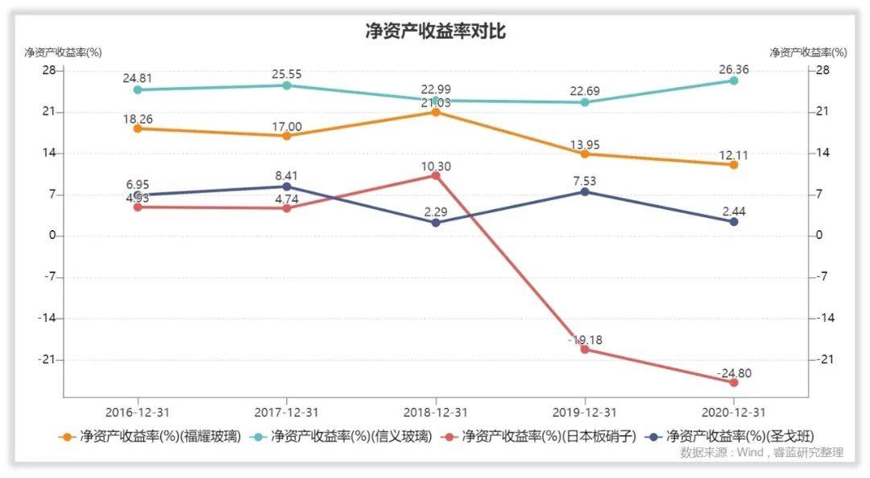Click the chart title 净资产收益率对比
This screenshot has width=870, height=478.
tap(435, 32)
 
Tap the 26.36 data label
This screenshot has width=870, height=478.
tap(733, 70)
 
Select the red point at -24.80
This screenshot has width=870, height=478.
tap(733, 382)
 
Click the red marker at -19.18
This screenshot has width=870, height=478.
tap(585, 349)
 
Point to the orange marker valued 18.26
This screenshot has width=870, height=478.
tap(138, 128)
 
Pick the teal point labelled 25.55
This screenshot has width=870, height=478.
tap(287, 85)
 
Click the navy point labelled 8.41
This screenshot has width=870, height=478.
tap(287, 187)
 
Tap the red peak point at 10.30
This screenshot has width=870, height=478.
tap(436, 175)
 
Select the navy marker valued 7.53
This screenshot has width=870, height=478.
tap(585, 192)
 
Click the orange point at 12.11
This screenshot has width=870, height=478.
tap(733, 165)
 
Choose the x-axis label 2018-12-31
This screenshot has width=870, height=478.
tap(436, 412)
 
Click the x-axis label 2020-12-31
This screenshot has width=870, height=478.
tap(733, 412)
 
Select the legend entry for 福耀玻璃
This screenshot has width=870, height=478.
tap(151, 437)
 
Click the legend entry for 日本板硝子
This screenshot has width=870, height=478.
tap(541, 437)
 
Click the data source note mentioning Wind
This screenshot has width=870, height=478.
tap(761, 453)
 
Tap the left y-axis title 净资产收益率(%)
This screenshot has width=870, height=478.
tap(63, 53)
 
